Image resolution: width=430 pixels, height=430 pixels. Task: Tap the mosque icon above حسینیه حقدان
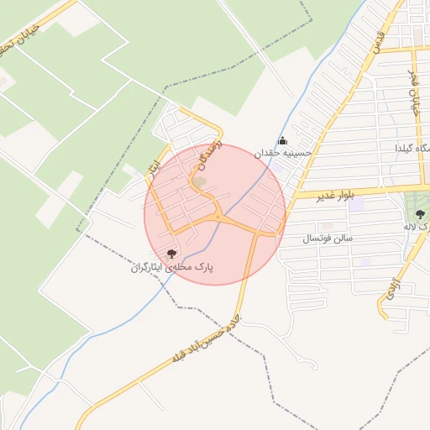point(282,140)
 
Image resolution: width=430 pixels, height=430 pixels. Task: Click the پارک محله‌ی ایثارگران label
point(172,267)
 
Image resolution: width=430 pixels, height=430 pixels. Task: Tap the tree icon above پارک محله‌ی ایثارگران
point(171,253)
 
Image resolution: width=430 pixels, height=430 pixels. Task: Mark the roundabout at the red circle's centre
point(218,217)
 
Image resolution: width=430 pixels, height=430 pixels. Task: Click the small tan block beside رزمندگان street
point(199,181)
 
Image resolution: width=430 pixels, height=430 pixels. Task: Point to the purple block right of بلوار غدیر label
point(357,203)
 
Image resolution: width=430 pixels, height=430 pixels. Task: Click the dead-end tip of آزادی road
point(381,317)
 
